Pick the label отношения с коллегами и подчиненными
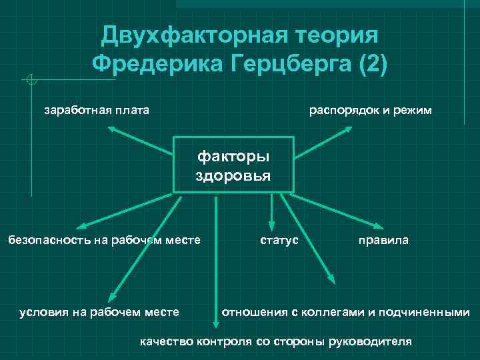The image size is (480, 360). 345,311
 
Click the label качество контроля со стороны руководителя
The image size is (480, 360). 275,341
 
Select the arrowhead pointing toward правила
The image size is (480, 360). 374,225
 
